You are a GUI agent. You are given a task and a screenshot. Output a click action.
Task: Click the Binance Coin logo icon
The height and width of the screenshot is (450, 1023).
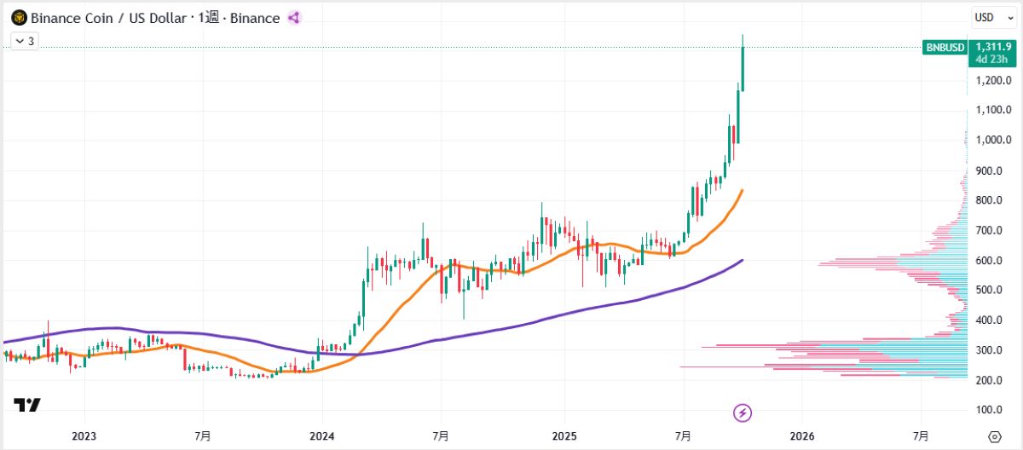19,18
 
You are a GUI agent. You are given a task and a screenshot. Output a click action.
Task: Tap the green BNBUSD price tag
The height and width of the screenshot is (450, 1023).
945,48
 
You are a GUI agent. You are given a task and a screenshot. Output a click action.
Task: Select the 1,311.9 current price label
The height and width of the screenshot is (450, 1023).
991,47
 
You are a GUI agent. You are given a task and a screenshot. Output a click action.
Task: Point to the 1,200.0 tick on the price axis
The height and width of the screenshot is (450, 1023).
993,80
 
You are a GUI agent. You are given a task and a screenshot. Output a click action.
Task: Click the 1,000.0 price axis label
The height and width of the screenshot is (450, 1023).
993,140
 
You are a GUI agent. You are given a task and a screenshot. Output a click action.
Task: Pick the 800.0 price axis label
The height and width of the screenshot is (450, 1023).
994,200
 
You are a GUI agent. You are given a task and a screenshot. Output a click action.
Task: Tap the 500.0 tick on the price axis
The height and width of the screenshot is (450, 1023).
994,291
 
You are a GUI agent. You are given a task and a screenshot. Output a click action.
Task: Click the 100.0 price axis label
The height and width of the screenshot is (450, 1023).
994,411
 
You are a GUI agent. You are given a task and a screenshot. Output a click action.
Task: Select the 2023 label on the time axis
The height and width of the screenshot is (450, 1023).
84,436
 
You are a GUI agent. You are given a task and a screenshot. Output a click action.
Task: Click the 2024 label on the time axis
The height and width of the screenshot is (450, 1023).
323,436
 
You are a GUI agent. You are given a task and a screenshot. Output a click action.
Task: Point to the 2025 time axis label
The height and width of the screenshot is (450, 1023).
564,436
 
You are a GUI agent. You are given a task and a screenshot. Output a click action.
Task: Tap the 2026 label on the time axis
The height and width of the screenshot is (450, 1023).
802,436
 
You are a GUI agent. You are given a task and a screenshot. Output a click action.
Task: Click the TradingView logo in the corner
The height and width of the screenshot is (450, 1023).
26,406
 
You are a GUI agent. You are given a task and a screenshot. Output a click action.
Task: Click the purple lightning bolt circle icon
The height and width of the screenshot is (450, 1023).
743,413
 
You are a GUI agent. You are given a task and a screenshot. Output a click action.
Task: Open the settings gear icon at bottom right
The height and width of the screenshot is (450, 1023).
994,436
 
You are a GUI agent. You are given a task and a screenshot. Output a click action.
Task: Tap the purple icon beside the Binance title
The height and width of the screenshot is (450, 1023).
294,18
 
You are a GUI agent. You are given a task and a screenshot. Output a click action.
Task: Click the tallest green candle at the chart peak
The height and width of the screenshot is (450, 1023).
743,68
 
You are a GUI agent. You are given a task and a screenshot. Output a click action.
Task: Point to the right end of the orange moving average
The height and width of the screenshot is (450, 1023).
742,191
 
